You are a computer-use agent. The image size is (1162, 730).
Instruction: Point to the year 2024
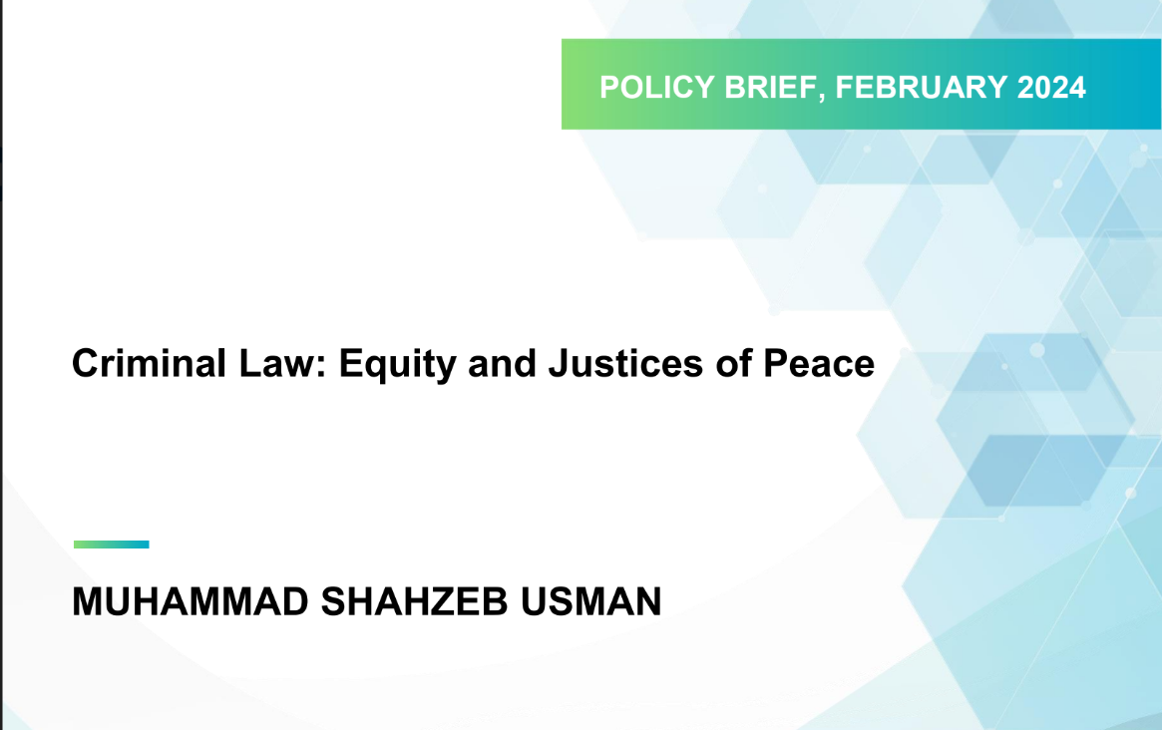[1051, 88]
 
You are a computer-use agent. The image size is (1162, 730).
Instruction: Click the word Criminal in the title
[149, 363]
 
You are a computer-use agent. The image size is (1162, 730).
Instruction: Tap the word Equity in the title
[397, 365]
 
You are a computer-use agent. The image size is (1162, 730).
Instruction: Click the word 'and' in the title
[502, 363]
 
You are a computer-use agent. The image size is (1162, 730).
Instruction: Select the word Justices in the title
[625, 363]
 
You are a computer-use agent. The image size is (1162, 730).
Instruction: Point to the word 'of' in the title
[733, 363]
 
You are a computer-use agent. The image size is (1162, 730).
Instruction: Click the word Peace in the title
[819, 363]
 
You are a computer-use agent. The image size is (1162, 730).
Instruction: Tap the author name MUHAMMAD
[191, 601]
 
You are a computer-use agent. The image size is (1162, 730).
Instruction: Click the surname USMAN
[590, 601]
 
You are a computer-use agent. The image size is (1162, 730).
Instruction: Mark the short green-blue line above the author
[111, 545]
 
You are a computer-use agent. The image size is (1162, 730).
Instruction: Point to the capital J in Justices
[558, 363]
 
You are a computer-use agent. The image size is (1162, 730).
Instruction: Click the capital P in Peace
[775, 363]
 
